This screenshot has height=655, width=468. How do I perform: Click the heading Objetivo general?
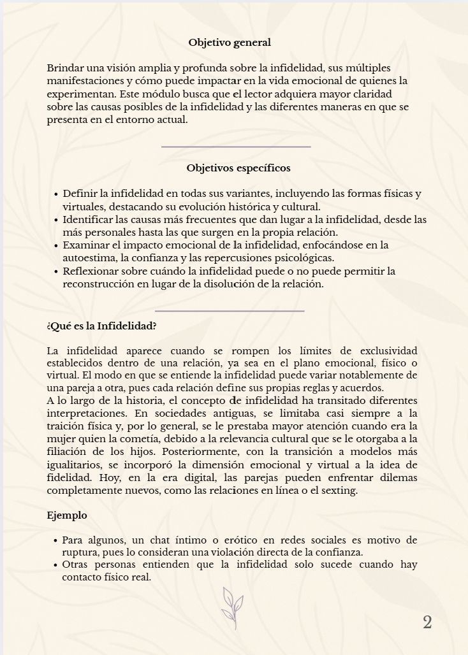click(230, 43)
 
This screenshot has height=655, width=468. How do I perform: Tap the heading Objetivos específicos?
click(238, 168)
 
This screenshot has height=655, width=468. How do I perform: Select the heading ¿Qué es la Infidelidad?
click(101, 326)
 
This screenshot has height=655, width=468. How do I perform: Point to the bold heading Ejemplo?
click(67, 515)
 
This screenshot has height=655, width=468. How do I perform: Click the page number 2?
click(427, 623)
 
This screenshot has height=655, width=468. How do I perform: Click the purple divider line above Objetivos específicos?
click(236, 147)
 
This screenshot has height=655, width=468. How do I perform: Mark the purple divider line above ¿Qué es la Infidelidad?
click(230, 311)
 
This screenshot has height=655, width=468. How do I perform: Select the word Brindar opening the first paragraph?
click(64, 68)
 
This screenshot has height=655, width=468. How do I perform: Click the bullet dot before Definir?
click(56, 194)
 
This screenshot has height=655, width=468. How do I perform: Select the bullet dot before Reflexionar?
click(56, 271)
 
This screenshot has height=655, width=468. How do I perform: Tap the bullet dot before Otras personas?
click(56, 565)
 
